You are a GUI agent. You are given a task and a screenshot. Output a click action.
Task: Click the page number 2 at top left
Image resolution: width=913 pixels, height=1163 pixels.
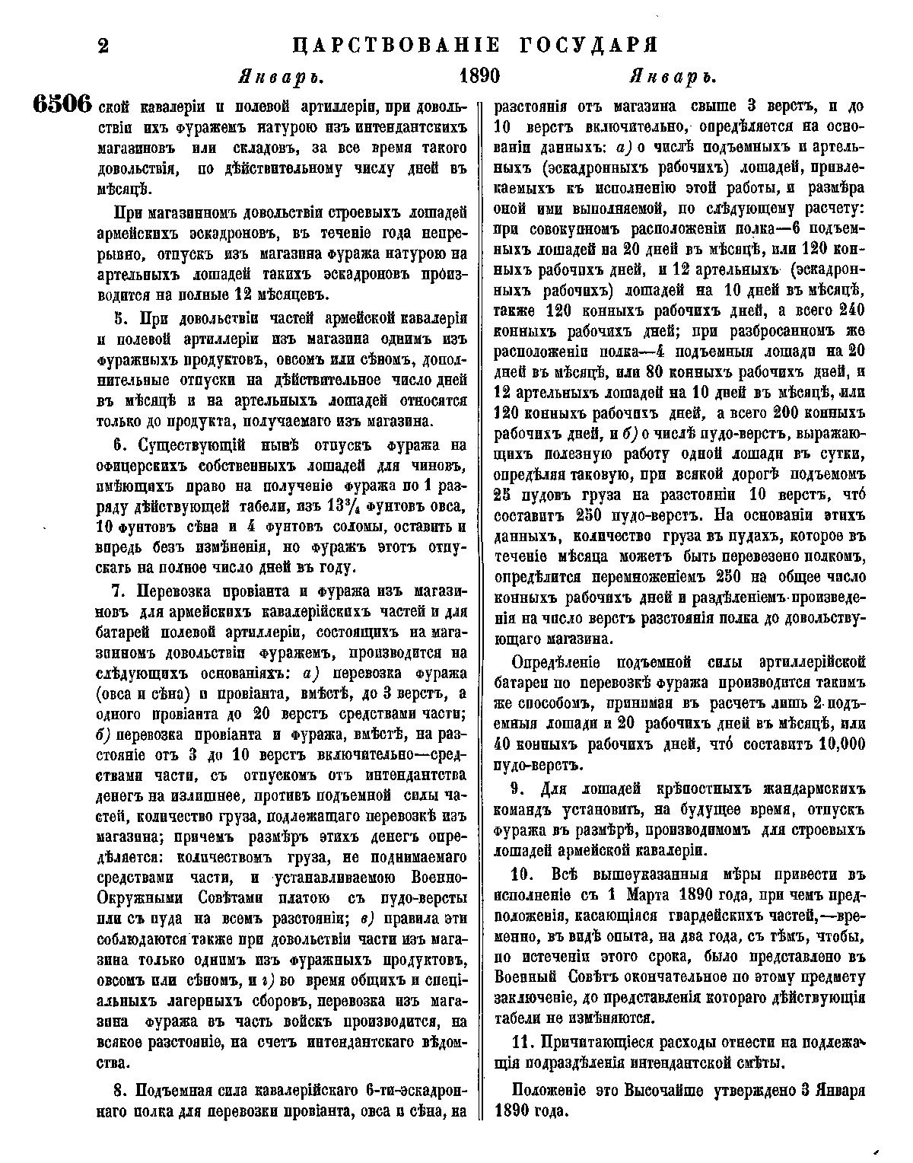point(103,45)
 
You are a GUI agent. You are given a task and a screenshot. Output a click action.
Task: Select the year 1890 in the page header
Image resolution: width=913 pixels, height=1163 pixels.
point(479,78)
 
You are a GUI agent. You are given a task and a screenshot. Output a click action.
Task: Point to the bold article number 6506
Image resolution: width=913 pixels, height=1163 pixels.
point(62,105)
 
